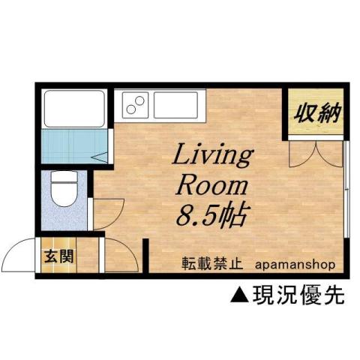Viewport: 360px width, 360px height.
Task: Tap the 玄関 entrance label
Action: point(58,255)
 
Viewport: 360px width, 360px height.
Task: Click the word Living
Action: point(213,157)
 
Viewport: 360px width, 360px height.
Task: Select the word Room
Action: point(211,186)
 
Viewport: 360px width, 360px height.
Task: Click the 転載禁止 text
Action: point(211,264)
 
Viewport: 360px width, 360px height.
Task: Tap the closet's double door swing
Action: point(316,152)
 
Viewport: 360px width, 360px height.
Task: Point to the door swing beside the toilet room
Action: point(105,212)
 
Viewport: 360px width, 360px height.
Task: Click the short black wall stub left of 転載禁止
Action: point(146,256)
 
